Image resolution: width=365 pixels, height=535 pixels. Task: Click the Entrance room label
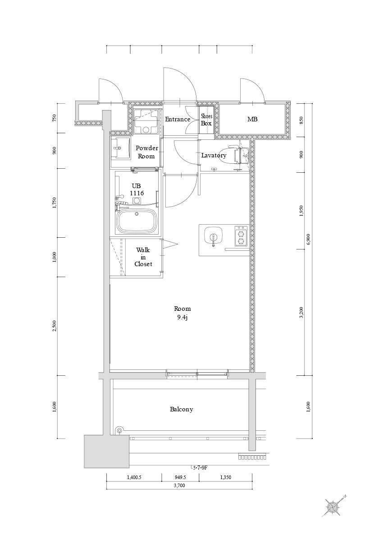[x=178, y=119]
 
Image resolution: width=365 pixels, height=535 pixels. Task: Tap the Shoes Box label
[x=206, y=120]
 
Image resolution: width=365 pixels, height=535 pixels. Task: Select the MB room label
[x=252, y=119]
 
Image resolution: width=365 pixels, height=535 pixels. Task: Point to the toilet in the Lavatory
[x=240, y=155]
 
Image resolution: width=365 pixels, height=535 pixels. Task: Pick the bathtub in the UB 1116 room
[x=137, y=220]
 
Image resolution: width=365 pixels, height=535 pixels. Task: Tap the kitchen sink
[x=213, y=236]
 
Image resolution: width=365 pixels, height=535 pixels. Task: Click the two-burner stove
[x=241, y=236]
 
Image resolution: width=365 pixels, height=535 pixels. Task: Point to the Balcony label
[x=181, y=409]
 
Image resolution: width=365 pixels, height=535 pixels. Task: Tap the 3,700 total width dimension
[x=179, y=485]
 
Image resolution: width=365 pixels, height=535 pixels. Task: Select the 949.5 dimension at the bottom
[x=180, y=477]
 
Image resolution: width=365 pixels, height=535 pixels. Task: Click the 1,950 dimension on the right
[x=301, y=211]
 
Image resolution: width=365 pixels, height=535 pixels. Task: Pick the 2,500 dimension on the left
[x=55, y=326]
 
